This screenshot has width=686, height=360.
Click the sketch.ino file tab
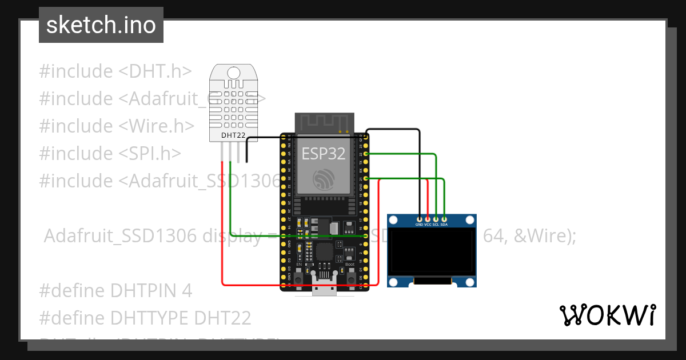click(101, 25)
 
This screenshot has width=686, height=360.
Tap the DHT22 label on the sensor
click(233, 135)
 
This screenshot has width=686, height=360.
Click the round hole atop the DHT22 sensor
click(234, 73)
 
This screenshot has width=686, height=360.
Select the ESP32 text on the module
click(324, 154)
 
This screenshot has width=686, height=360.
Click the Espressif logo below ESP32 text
click(324, 181)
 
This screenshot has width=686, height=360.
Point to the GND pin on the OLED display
click(420, 219)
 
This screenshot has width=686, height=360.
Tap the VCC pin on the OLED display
click(428, 219)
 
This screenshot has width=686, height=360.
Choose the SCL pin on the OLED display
click(436, 219)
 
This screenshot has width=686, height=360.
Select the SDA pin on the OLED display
click(444, 219)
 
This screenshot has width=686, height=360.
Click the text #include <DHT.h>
click(115, 71)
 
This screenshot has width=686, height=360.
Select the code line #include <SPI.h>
click(110, 153)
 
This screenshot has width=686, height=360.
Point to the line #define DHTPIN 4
click(115, 290)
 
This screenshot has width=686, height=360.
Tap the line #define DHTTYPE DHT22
click(145, 318)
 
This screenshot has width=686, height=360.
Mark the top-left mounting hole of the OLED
click(393, 220)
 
